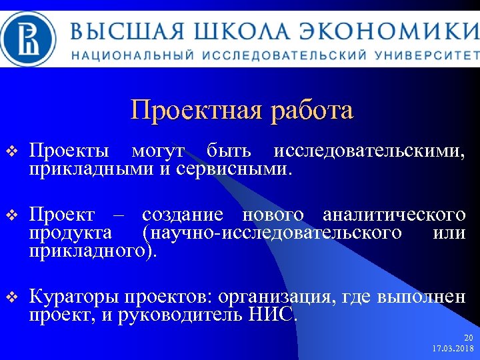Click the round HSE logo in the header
pos(31,39)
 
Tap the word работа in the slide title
pos(312,110)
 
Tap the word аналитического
pos(393,215)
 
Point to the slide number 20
pos(468,337)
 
